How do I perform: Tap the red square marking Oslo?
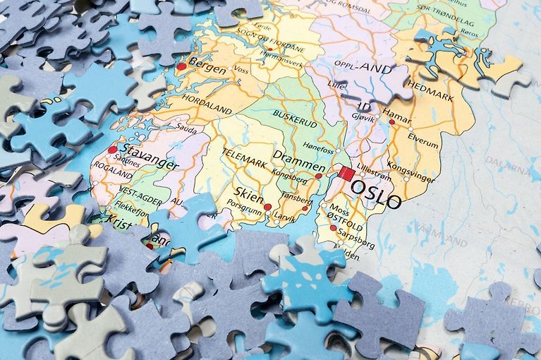(345, 173)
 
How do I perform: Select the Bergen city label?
(207, 70)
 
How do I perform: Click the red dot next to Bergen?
(181, 66)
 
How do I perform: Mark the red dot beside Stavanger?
(112, 150)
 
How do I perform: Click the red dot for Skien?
(267, 207)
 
